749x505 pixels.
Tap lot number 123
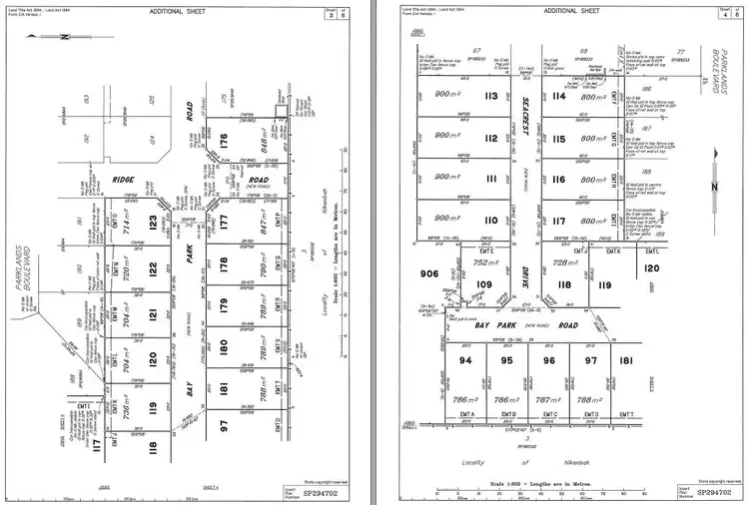coord(154,222)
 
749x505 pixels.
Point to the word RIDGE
coord(124,181)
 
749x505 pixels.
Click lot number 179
coord(224,306)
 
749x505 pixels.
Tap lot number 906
coord(428,274)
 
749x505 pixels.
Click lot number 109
coord(484,284)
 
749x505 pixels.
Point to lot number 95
coord(506,359)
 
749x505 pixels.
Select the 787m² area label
coord(545,398)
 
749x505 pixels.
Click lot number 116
coord(557,181)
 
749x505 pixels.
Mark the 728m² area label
coord(566,262)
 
